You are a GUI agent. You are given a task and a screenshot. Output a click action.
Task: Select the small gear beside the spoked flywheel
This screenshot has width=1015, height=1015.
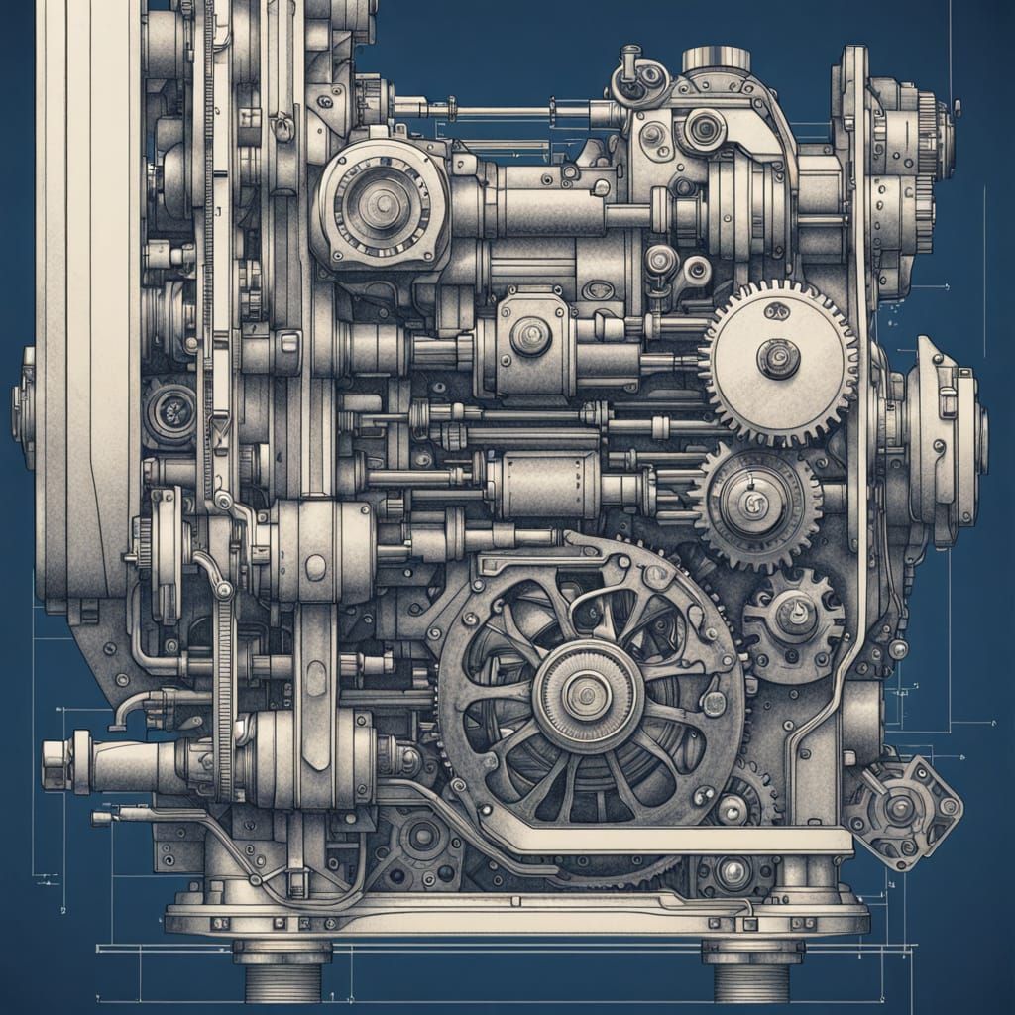tap(794, 620)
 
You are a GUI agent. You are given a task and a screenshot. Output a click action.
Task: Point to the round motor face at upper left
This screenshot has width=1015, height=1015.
tap(381, 206)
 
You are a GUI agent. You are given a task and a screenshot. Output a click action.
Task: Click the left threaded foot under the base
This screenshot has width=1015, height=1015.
tap(282, 976)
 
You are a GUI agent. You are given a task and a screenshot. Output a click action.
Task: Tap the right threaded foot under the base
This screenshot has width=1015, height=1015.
tap(750, 976)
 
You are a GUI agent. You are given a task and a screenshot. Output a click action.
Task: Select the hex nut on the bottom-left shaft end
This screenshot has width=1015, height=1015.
tap(56, 765)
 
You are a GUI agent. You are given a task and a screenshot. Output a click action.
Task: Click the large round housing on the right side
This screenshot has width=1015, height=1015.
tap(942, 436)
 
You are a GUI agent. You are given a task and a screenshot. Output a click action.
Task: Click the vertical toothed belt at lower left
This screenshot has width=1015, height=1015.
tap(226, 694)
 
